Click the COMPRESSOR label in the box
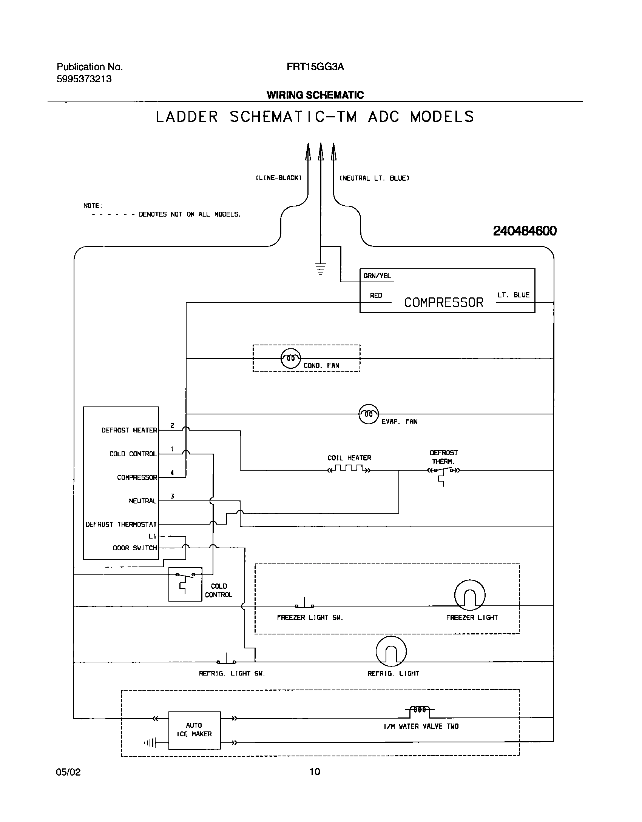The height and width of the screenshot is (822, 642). coord(443,303)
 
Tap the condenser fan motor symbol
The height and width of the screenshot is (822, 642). coord(291,358)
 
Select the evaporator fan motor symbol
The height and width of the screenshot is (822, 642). coord(368,414)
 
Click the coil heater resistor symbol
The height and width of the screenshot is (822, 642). coord(349,469)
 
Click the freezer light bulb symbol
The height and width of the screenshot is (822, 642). coord(470,595)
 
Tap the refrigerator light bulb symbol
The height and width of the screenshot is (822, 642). coord(391,651)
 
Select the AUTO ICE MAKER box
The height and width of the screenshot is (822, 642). coord(194,730)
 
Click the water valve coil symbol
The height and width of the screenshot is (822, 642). coord(420,710)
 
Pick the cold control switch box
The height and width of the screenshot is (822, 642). coord(185,584)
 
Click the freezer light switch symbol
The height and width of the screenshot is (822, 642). coord(304,604)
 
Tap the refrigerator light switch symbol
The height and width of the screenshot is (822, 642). coord(226,660)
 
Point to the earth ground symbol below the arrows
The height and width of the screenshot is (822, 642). coord(321,269)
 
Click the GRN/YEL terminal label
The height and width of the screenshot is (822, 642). coord(377,276)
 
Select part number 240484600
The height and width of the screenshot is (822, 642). coord(525,231)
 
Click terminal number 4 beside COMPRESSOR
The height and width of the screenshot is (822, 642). coord(172,473)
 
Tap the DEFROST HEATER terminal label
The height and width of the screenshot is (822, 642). coord(129,430)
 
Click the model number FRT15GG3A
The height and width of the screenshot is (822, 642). coord(315,67)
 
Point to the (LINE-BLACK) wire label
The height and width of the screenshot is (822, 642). coord(279,178)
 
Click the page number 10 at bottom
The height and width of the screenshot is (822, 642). coord(315,771)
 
